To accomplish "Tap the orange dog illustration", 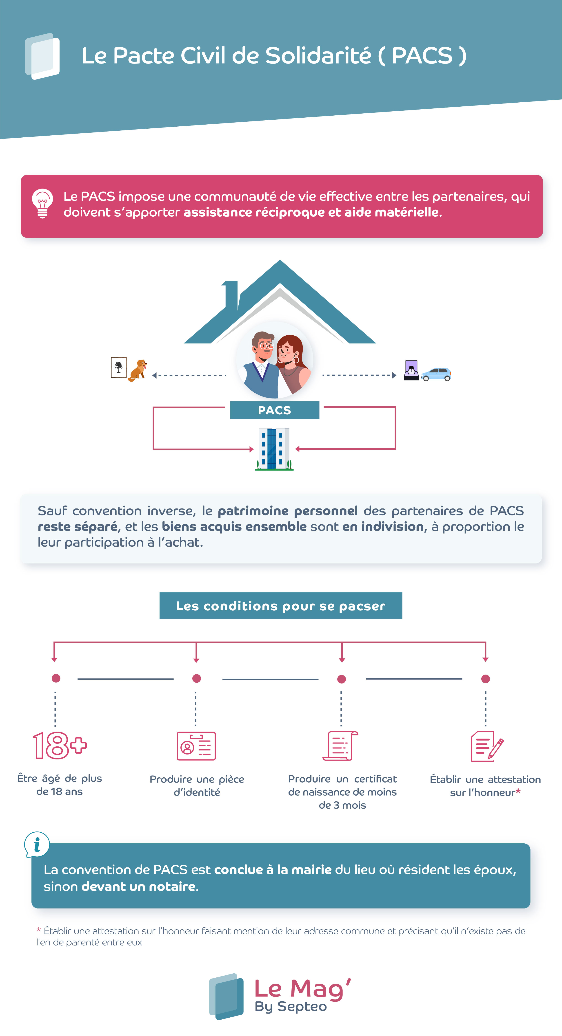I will click(x=138, y=370).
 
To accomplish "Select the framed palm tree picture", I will click(x=119, y=367).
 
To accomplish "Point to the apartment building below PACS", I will click(x=274, y=449).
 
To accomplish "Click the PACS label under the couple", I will click(x=275, y=410).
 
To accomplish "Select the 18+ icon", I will click(x=60, y=745).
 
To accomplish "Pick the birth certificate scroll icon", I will click(x=341, y=746).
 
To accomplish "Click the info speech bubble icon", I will click(x=37, y=844).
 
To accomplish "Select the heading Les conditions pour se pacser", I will click(x=281, y=606).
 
